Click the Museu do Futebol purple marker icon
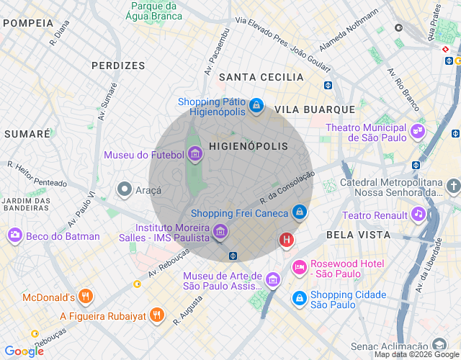(194, 154)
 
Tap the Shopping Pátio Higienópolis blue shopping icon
(256, 107)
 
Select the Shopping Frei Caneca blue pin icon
(300, 212)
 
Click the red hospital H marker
(287, 240)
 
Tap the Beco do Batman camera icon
(14, 235)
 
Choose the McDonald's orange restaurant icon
(86, 297)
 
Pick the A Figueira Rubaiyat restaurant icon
(158, 315)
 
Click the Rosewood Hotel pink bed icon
(299, 268)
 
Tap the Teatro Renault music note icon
(419, 215)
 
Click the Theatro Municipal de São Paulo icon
(418, 132)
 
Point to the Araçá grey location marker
(125, 190)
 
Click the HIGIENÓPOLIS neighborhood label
(248, 146)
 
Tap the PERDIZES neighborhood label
(118, 66)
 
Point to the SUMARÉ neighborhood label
(27, 134)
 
